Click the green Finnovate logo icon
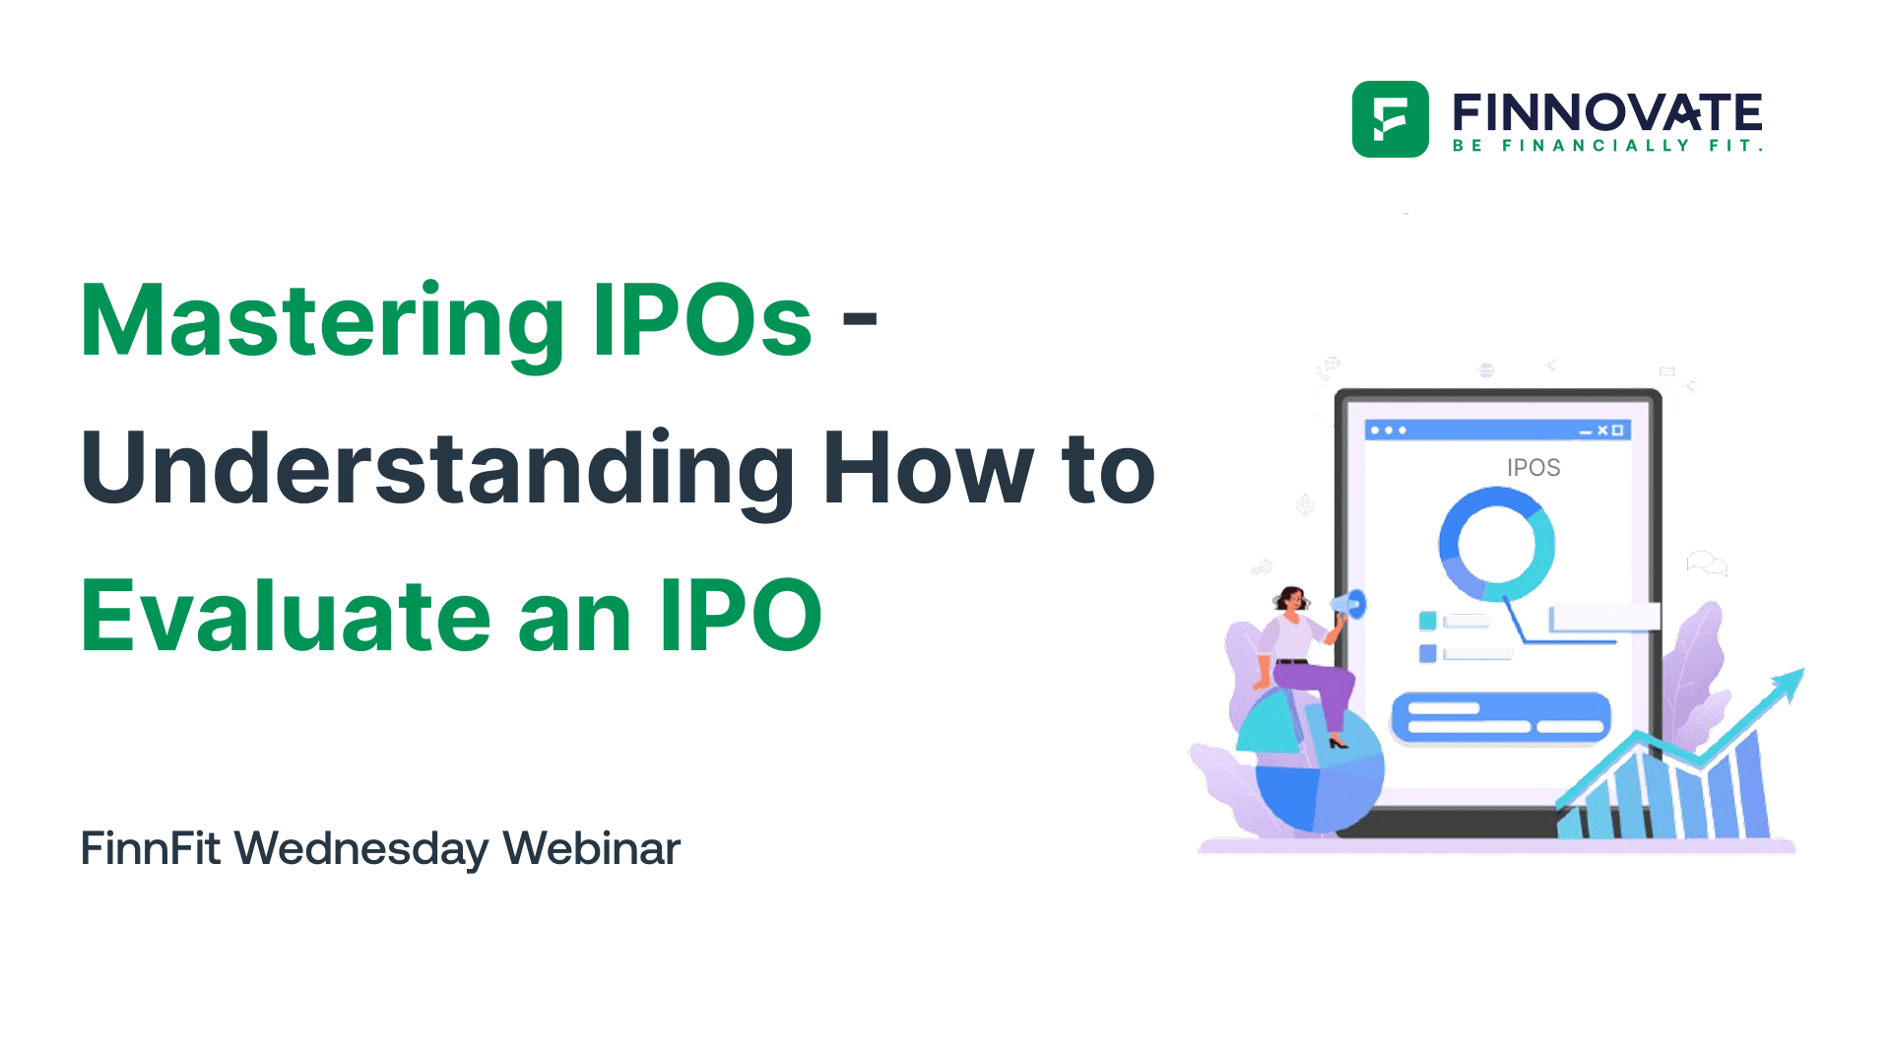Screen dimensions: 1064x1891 click(x=1390, y=119)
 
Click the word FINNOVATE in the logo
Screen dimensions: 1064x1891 click(x=1606, y=112)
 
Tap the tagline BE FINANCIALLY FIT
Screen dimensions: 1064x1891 click(x=1606, y=146)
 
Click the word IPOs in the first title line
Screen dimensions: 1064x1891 click(x=702, y=320)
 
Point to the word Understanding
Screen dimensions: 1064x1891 click(x=437, y=470)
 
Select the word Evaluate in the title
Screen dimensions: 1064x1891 click(x=286, y=617)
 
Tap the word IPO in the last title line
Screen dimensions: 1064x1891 click(x=741, y=617)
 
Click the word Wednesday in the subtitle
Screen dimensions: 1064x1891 click(x=360, y=849)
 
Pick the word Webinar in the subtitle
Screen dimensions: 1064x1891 click(x=591, y=848)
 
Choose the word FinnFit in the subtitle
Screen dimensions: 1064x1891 click(x=150, y=848)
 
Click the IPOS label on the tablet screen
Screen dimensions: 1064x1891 click(x=1532, y=468)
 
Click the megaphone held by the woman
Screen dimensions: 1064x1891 click(x=1349, y=604)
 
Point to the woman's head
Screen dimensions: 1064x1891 click(x=1291, y=598)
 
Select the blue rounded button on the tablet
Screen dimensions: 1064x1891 click(x=1500, y=716)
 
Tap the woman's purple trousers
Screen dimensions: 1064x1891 click(x=1320, y=685)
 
